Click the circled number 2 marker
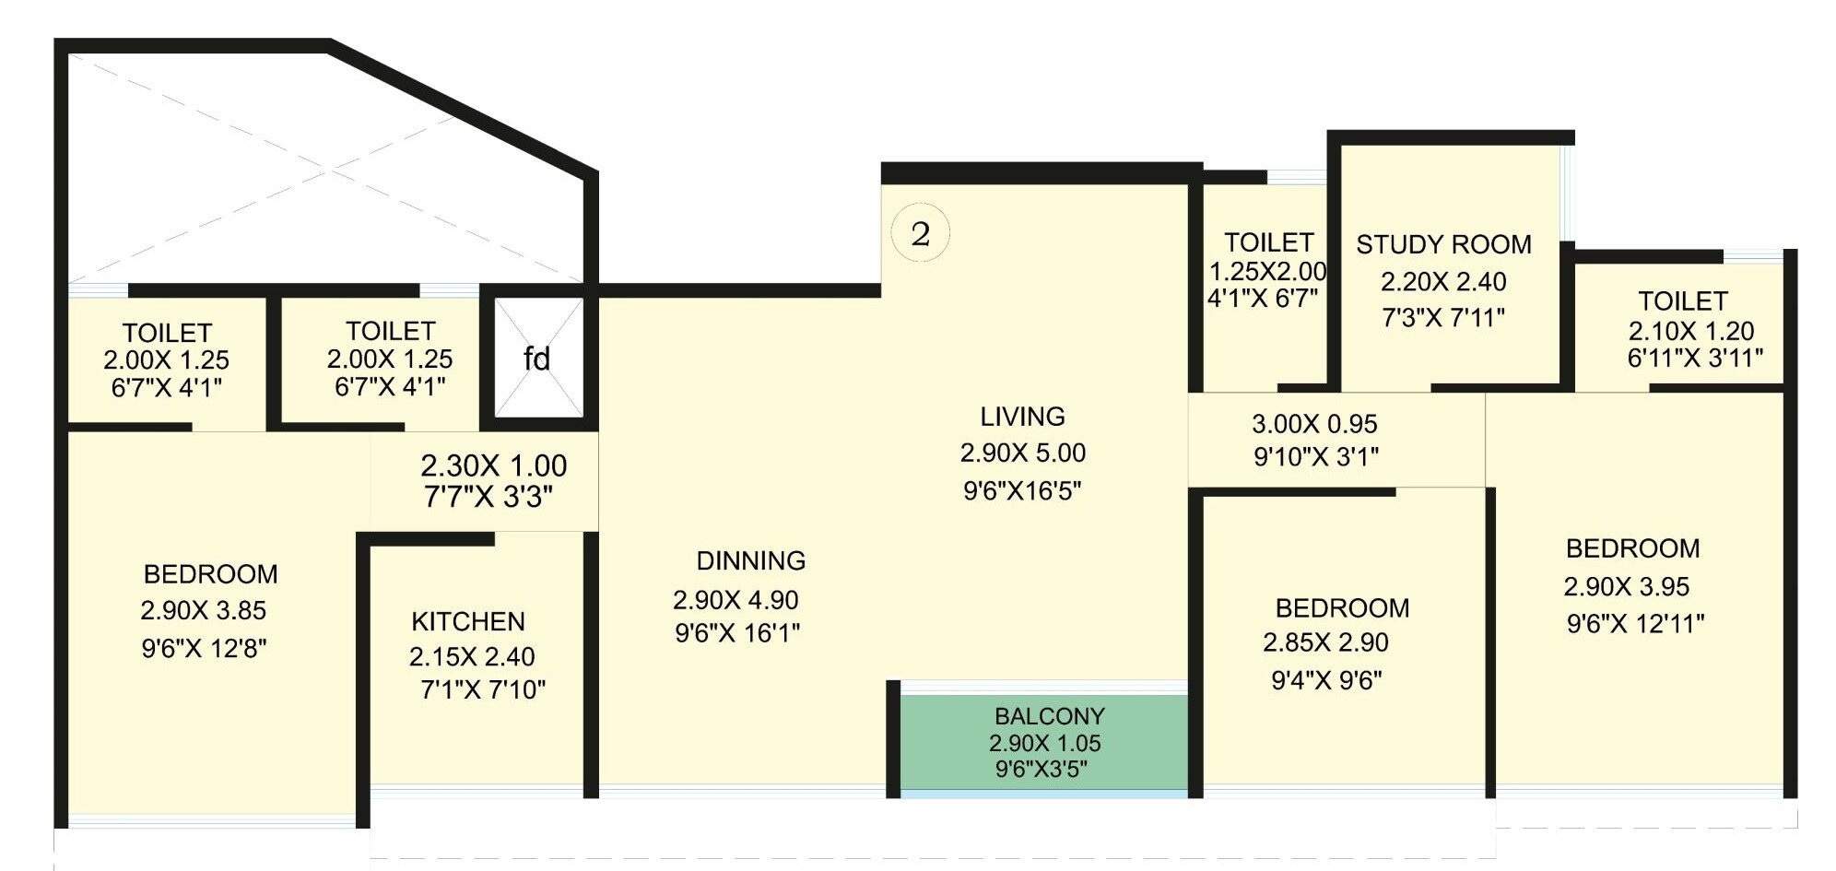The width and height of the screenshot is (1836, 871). click(920, 234)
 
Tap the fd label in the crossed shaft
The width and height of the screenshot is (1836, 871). click(536, 359)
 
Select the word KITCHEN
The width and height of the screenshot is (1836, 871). click(468, 621)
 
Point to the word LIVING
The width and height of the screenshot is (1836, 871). click(1022, 417)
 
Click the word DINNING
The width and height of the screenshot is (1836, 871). click(751, 560)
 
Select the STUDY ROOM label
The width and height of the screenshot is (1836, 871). click(1443, 244)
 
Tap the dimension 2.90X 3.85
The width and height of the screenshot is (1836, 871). click(204, 610)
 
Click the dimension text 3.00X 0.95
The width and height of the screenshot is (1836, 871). click(1314, 424)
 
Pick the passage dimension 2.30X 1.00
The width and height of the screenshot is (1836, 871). click(494, 465)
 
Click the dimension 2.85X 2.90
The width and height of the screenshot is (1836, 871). click(1325, 642)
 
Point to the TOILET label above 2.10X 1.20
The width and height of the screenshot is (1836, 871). click(1682, 301)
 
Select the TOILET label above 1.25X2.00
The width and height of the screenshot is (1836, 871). click(1268, 242)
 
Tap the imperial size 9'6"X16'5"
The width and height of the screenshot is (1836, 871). click(1022, 490)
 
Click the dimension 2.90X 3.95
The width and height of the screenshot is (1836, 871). click(1627, 586)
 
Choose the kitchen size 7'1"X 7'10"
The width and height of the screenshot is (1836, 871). click(483, 689)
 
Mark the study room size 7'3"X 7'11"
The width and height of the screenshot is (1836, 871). click(1443, 318)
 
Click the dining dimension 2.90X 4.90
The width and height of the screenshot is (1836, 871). click(736, 600)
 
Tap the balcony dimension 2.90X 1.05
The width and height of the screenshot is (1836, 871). click(1045, 743)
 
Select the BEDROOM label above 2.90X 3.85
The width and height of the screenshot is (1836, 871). click(210, 574)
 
